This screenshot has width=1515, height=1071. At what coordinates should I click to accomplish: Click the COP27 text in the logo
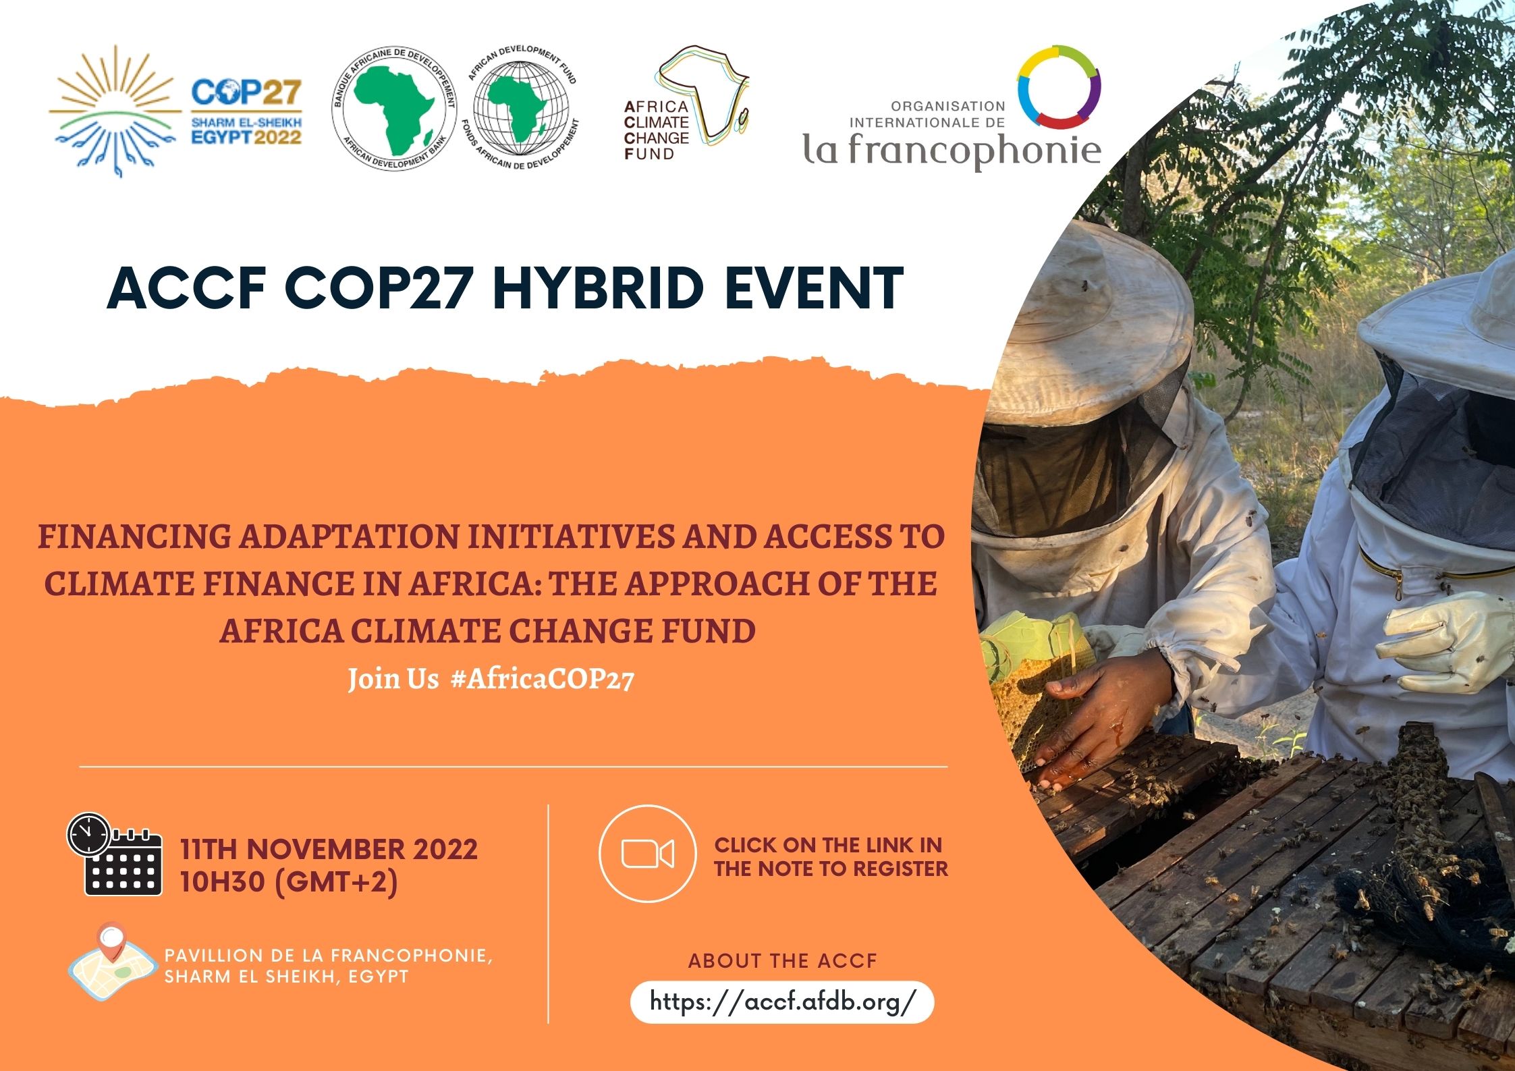246,93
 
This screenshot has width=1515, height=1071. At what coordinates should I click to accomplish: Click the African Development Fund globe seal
521,109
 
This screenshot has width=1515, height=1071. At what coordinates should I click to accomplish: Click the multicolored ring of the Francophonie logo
1059,88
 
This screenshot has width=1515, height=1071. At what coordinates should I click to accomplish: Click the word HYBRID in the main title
598,289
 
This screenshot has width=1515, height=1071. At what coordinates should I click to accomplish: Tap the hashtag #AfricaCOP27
542,678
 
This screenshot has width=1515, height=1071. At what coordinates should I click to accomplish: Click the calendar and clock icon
115,855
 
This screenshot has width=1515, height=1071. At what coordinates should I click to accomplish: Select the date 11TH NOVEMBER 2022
329,849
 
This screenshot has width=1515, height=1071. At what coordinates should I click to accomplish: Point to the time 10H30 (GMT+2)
289,882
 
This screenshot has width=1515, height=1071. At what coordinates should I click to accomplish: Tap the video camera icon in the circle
646,854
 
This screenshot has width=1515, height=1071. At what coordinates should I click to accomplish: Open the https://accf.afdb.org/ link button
781,1001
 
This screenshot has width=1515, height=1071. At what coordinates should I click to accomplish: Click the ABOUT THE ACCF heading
781,960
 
